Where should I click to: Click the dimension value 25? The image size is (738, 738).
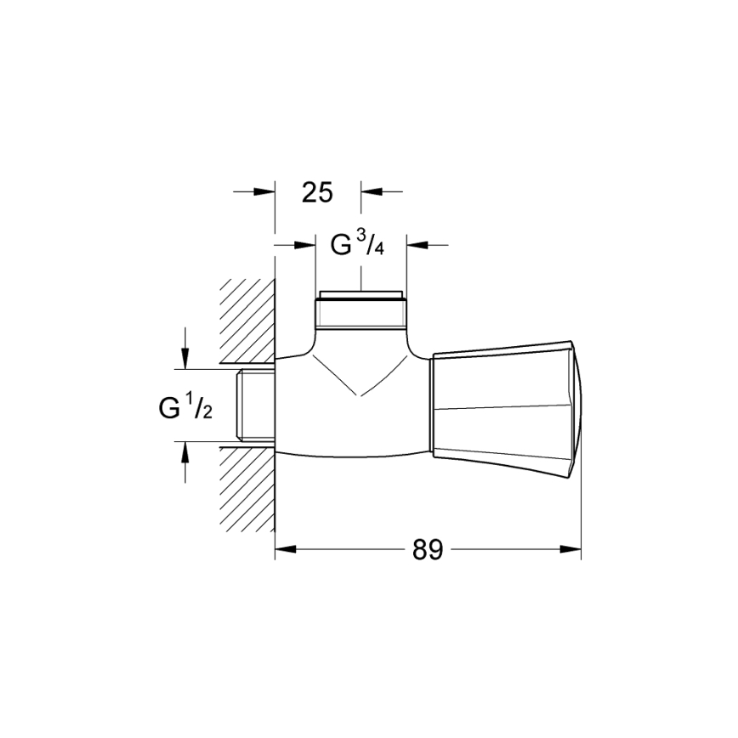pos(317,192)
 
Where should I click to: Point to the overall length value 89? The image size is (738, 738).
pos(428,550)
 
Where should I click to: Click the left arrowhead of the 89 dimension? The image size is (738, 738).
pos(285,550)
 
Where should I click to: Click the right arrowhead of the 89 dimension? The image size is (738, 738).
pos(571,550)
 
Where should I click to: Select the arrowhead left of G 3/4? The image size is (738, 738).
pos(305,245)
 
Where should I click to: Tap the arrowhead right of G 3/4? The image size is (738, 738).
pos(416,245)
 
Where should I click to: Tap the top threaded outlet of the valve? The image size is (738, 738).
pos(360,311)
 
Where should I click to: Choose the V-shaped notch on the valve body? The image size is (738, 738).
pos(358,378)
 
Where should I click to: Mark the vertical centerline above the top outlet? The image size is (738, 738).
pos(360,276)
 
